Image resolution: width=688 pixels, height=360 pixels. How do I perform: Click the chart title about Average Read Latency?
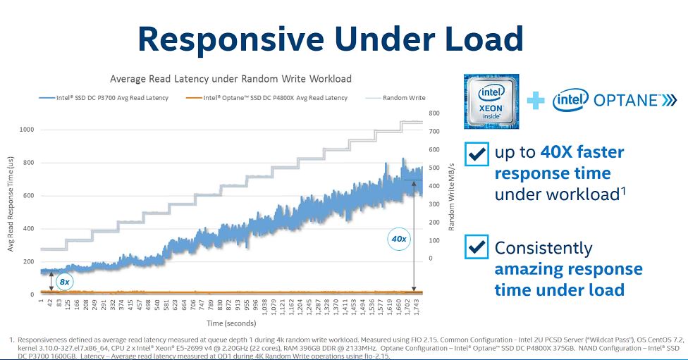click(231, 78)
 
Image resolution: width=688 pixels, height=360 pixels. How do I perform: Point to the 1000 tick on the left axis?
click(26, 130)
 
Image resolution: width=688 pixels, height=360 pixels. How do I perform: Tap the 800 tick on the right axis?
click(434, 113)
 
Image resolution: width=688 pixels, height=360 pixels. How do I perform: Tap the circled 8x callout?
click(64, 281)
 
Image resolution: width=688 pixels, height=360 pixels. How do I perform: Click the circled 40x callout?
click(399, 239)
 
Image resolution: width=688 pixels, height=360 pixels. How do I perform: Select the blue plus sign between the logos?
click(536, 101)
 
